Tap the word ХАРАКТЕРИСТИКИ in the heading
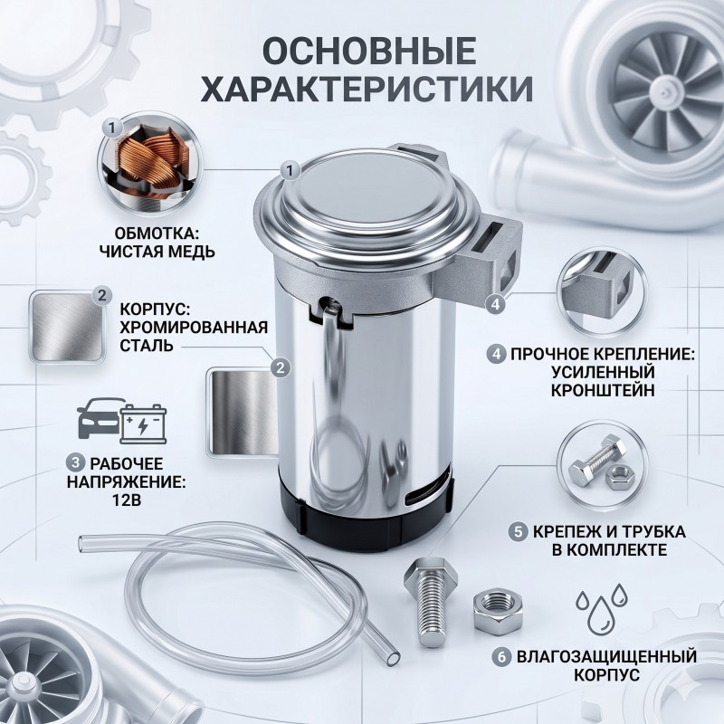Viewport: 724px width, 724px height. point(367,88)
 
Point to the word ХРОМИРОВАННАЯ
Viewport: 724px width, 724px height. point(194,327)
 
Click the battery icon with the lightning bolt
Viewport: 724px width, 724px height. point(144,424)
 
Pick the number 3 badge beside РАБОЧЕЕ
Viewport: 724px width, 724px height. point(75,463)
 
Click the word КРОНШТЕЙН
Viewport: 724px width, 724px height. point(603,390)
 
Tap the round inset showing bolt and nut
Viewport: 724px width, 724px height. point(602,466)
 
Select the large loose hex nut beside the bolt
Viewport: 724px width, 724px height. point(497,612)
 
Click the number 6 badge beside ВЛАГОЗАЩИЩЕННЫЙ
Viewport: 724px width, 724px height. point(502,657)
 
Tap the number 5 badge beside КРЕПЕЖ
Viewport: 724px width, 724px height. point(519,531)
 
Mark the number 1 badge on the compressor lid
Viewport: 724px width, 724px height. point(290,171)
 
